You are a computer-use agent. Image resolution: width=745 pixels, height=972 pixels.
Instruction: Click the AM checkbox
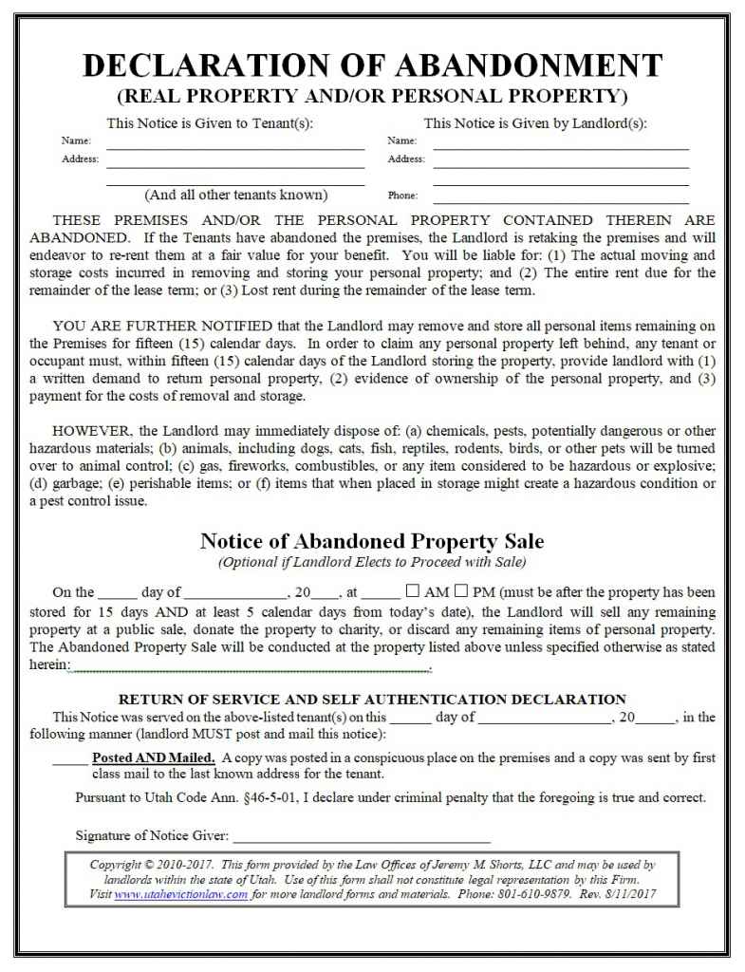click(x=413, y=591)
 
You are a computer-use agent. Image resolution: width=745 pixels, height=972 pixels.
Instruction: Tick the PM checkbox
click(x=462, y=591)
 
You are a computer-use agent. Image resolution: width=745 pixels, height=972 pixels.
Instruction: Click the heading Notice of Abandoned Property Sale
click(x=372, y=541)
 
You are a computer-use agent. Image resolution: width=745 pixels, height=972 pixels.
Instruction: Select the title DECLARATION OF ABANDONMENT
click(x=372, y=65)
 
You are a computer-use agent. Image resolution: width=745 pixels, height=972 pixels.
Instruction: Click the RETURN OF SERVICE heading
click(x=372, y=700)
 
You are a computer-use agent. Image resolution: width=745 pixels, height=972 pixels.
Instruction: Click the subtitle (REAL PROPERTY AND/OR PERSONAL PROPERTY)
click(x=372, y=95)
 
